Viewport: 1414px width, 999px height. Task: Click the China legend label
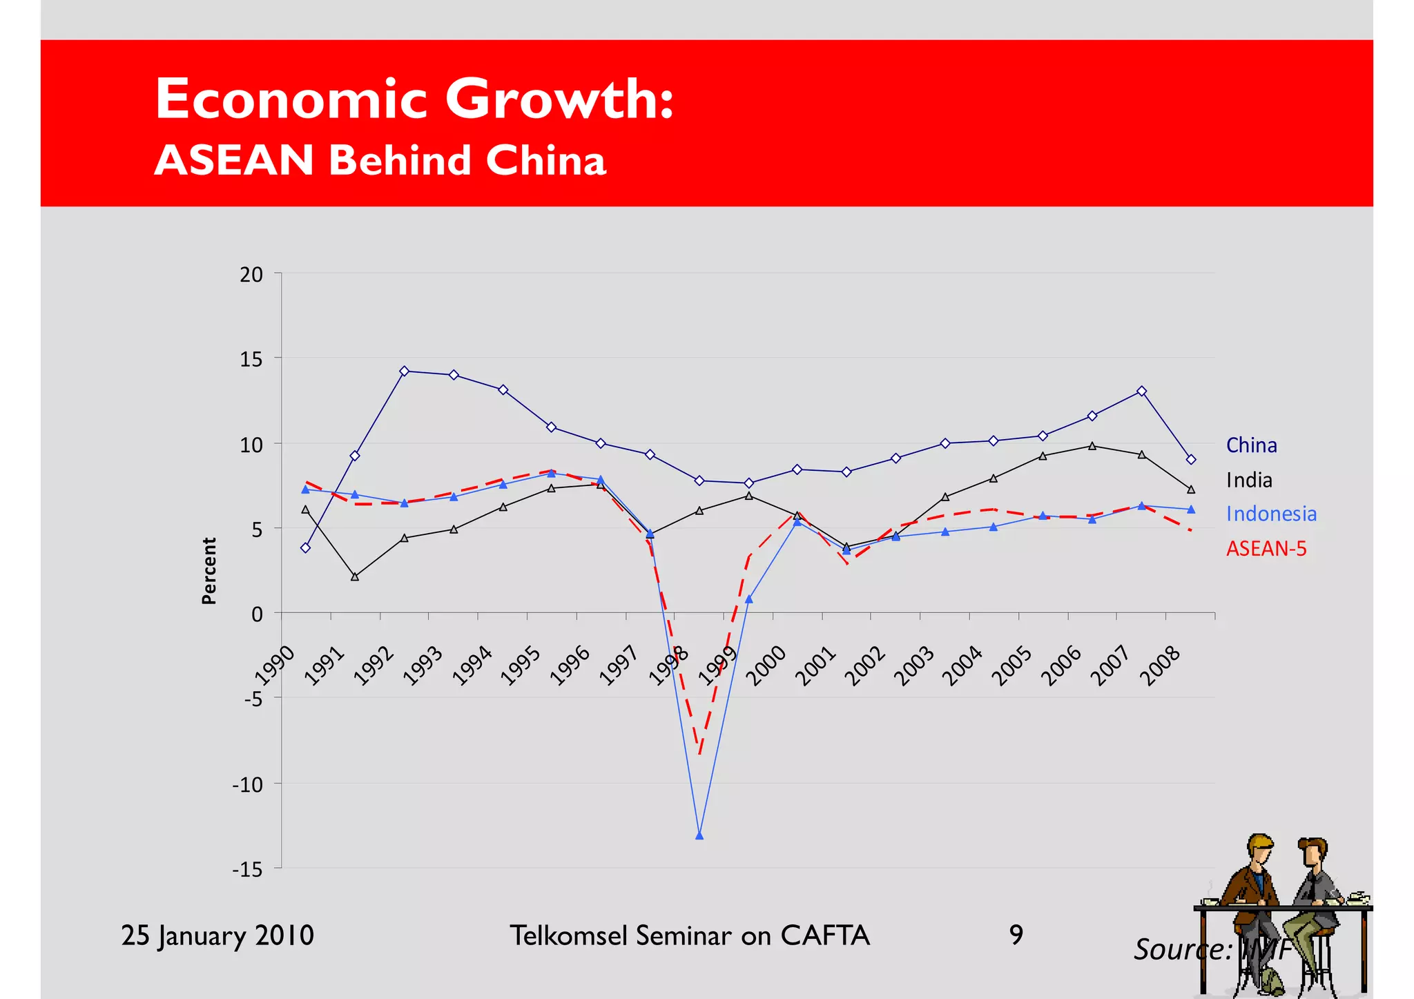coord(1251,445)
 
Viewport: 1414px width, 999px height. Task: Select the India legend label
coord(1248,480)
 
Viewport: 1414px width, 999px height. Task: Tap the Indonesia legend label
coord(1271,514)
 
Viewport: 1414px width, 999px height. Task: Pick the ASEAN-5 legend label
coord(1266,548)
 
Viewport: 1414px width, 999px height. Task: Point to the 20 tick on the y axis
coord(251,275)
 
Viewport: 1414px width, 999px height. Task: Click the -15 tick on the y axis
coord(247,869)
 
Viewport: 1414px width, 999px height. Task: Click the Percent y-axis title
coord(209,571)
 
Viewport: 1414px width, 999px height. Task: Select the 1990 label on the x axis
coord(275,666)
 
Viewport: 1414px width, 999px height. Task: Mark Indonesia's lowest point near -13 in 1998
coord(699,836)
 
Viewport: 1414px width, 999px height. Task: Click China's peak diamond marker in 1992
coord(405,371)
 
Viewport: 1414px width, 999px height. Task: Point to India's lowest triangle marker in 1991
coord(355,576)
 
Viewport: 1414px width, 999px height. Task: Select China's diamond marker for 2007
coord(1141,391)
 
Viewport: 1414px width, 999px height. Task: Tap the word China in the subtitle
coord(545,160)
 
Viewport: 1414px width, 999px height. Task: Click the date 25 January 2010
coord(217,935)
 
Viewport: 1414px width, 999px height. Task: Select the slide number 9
coord(1016,935)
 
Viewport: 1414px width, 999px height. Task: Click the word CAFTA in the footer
coord(824,935)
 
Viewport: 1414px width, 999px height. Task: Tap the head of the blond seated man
coord(1260,850)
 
